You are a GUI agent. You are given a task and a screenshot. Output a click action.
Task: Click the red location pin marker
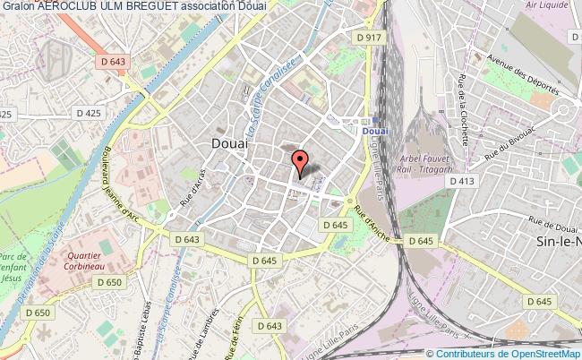coord(301,162)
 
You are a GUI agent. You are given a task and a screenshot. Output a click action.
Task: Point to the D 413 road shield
coord(462,181)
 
